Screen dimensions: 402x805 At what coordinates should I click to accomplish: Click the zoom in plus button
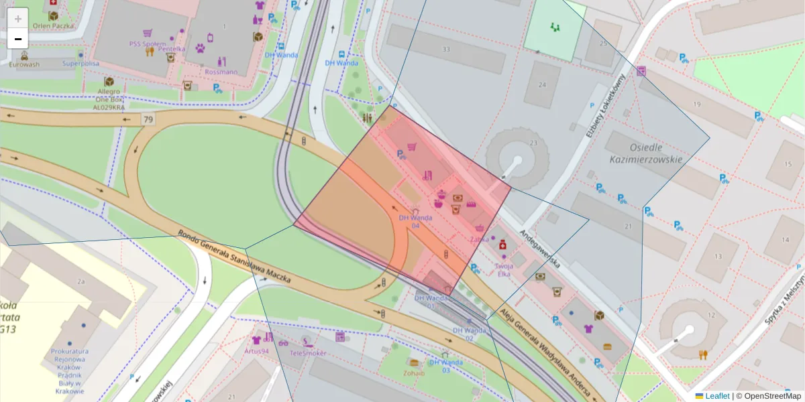click(x=18, y=18)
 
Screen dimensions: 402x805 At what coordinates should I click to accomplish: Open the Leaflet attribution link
click(x=716, y=396)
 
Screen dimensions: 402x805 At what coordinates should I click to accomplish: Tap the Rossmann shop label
click(x=221, y=72)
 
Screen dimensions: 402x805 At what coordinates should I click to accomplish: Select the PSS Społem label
click(x=147, y=44)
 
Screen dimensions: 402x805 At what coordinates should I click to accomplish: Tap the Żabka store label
click(x=479, y=239)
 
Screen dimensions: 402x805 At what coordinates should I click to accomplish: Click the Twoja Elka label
click(x=503, y=269)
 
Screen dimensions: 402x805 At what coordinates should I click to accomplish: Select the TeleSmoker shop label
click(x=308, y=352)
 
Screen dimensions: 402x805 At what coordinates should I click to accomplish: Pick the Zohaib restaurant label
click(x=414, y=373)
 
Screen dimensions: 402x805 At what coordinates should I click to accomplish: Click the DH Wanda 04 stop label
click(x=415, y=221)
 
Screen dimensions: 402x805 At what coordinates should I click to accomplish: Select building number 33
click(x=446, y=50)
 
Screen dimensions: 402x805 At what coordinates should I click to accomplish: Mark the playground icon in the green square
click(x=554, y=27)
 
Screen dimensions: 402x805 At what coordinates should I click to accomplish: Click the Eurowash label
click(x=23, y=64)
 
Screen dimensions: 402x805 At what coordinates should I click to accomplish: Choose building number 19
click(x=697, y=104)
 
